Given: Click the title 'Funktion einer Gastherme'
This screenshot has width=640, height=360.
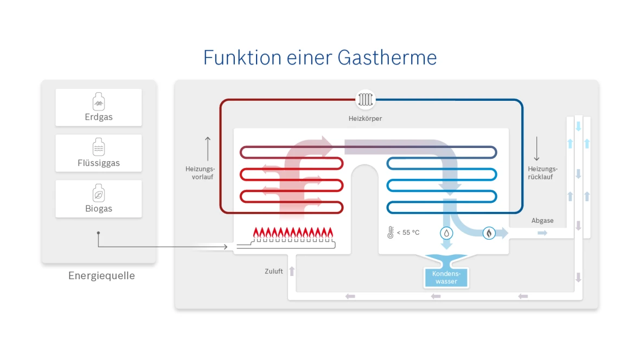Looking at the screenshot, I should pyautogui.click(x=320, y=57).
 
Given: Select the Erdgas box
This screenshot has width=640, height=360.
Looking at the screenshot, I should pyautogui.click(x=99, y=107).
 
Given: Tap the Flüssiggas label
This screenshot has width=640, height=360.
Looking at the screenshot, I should pyautogui.click(x=99, y=163).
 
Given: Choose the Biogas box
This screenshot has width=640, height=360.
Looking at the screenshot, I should pyautogui.click(x=99, y=199).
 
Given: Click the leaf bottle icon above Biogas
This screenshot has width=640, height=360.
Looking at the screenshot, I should pyautogui.click(x=99, y=193).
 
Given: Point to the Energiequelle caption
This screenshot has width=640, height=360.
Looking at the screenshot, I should pyautogui.click(x=101, y=276).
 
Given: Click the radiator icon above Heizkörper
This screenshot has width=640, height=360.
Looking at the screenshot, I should pyautogui.click(x=365, y=100).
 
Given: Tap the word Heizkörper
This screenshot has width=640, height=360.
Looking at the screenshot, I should pyautogui.click(x=365, y=118).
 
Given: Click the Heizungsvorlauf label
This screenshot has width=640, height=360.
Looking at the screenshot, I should pyautogui.click(x=201, y=173).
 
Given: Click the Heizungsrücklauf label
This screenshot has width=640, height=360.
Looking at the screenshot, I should pyautogui.click(x=542, y=173).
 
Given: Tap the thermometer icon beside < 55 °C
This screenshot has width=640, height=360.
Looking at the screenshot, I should pyautogui.click(x=390, y=233).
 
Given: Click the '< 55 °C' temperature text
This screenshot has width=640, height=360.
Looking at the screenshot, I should pyautogui.click(x=408, y=233).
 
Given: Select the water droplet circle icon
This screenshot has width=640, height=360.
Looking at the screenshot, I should pyautogui.click(x=446, y=233).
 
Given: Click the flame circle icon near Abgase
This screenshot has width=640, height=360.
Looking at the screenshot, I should pyautogui.click(x=489, y=233).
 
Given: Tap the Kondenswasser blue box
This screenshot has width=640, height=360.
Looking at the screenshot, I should pyautogui.click(x=446, y=278).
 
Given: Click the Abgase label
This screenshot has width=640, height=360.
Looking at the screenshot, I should pyautogui.click(x=542, y=221).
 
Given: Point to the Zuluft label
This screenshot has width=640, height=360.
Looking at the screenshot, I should pyautogui.click(x=274, y=271).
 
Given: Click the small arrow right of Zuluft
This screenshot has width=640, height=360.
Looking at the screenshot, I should pyautogui.click(x=292, y=271).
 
